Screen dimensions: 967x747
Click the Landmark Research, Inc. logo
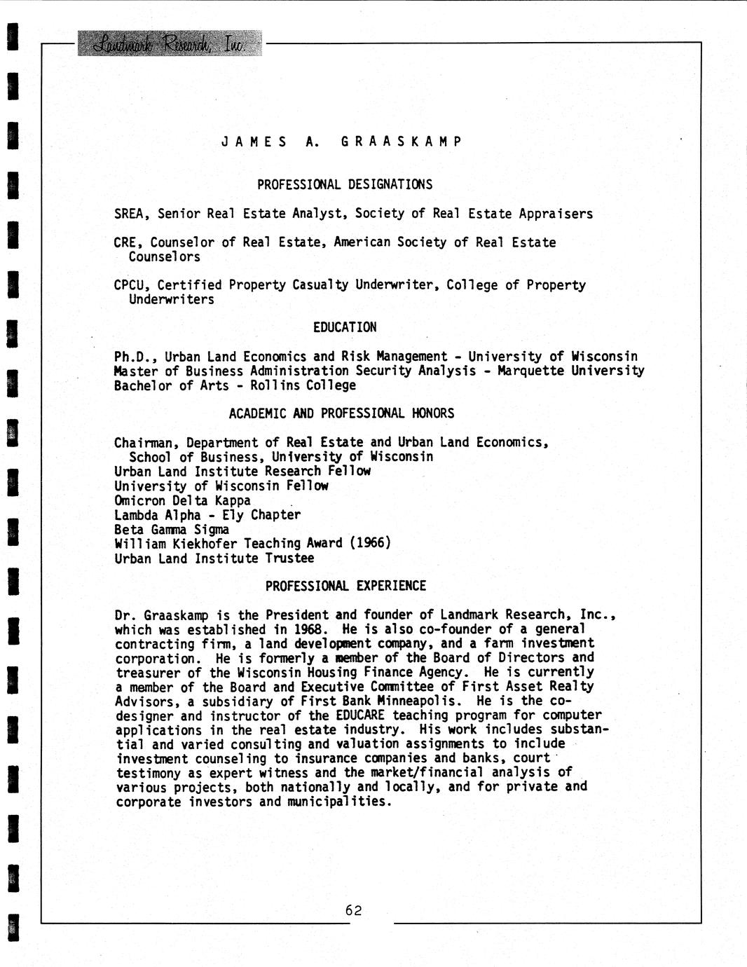tap(170, 43)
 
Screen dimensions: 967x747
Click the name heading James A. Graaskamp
tap(341, 142)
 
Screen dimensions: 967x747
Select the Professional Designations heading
tap(344, 185)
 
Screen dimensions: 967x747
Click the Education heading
tap(344, 327)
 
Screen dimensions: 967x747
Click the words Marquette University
tap(570, 371)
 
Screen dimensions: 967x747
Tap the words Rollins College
tap(303, 385)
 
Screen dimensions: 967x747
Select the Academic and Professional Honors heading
tap(341, 413)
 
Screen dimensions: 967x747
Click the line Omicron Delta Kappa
tap(182, 500)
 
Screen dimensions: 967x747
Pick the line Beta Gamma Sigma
tap(172, 529)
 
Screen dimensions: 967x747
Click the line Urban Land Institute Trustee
tap(214, 558)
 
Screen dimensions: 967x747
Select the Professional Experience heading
tap(345, 586)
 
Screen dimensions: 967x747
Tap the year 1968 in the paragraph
tap(310, 629)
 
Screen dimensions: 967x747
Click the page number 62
tap(353, 910)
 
